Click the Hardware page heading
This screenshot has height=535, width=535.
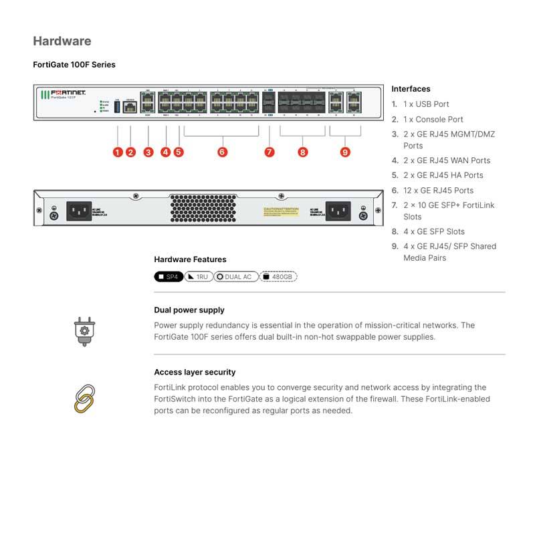62,41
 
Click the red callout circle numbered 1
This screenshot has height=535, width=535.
118,152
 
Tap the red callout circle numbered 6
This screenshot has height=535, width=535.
222,152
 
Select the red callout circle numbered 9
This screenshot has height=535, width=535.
345,152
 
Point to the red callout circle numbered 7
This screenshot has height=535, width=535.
270,152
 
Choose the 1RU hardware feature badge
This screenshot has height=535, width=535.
198,276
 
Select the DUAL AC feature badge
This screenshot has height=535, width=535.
236,276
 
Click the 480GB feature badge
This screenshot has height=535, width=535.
278,276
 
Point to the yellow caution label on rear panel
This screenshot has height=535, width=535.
281,211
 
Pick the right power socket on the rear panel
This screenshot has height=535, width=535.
338,211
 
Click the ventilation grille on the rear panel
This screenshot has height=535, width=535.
204,209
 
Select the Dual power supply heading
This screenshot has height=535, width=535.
189,310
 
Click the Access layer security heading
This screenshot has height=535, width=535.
195,372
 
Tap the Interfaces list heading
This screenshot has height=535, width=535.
411,89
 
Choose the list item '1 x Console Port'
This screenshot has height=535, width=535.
433,119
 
